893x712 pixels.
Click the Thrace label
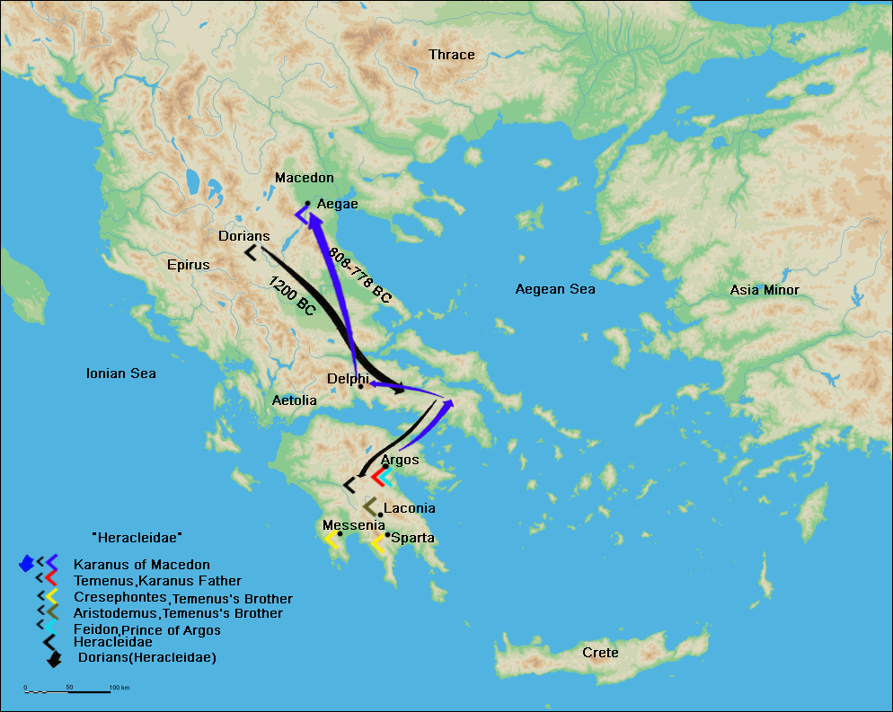tap(451, 55)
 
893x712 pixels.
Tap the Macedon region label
tap(304, 178)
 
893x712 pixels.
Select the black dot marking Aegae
tap(307, 204)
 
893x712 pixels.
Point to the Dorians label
tap(243, 236)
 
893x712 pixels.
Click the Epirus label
tap(188, 265)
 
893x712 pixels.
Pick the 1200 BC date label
tap(292, 295)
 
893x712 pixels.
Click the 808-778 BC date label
tap(359, 275)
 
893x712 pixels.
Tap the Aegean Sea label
tap(554, 289)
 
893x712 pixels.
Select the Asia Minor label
tap(764, 290)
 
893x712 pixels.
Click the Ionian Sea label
tap(120, 374)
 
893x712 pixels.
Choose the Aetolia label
tap(294, 400)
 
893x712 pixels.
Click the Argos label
tap(400, 460)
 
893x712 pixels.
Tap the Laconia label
tap(409, 508)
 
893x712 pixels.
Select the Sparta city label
tap(412, 538)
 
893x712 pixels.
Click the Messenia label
tap(353, 525)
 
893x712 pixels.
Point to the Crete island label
tap(600, 653)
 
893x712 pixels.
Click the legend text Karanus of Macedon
tap(142, 565)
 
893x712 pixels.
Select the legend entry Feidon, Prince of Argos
tap(147, 630)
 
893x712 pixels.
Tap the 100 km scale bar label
tap(119, 688)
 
